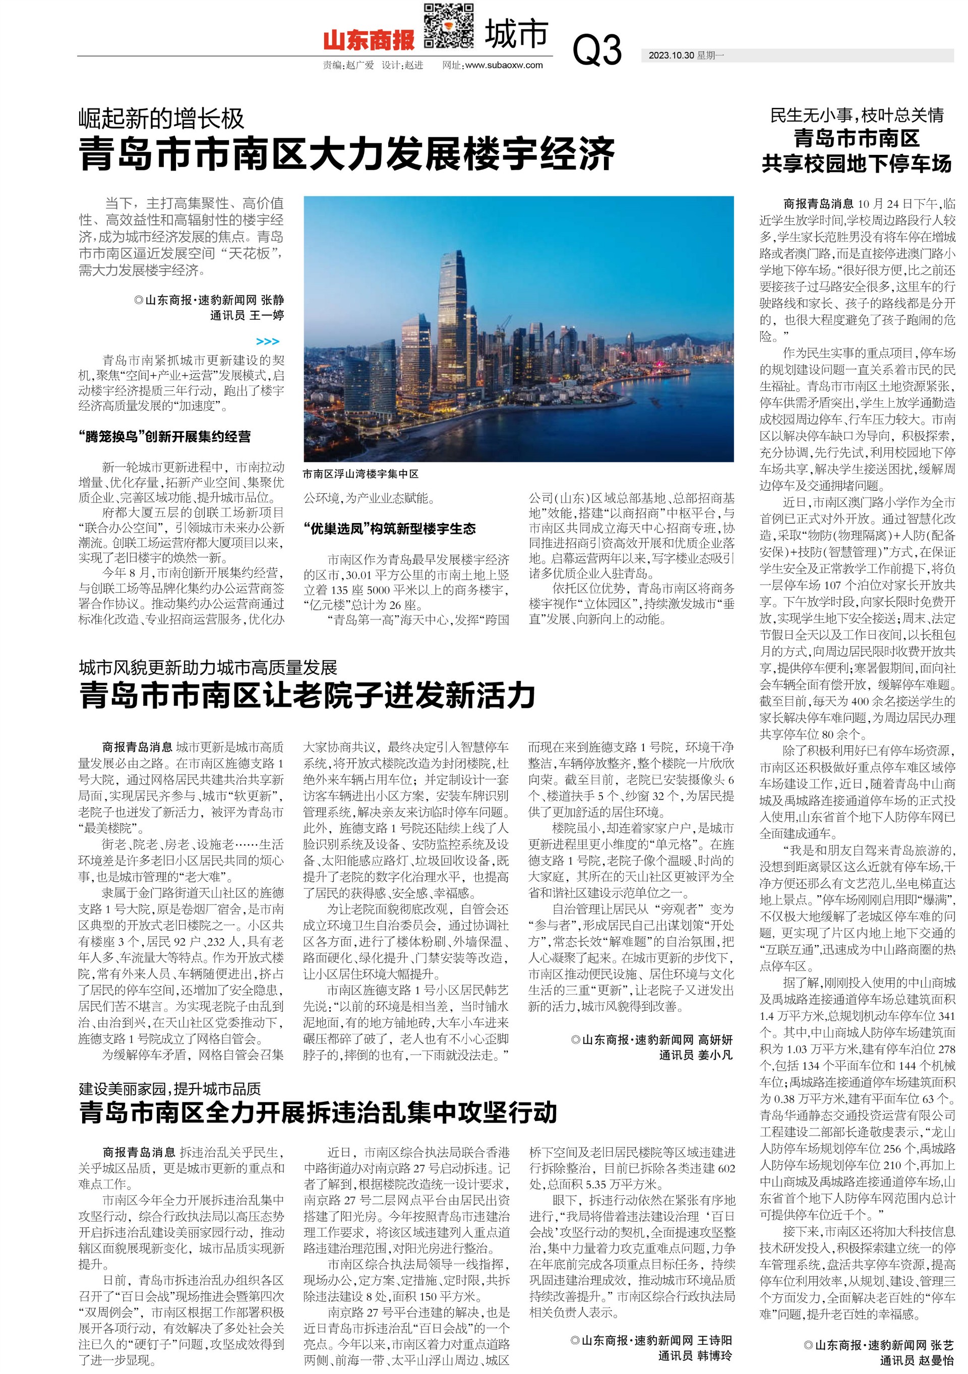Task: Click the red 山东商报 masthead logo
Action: pos(369,40)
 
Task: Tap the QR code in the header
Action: pos(449,26)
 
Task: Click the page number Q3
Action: pos(596,49)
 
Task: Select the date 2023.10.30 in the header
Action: pos(671,55)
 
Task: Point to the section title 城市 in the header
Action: pos(516,34)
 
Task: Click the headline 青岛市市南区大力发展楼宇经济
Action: pos(346,153)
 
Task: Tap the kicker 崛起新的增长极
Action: pos(161,119)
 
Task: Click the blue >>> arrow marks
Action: pos(267,341)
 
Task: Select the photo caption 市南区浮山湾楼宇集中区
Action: pos(361,474)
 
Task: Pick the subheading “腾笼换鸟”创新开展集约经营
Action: pos(164,437)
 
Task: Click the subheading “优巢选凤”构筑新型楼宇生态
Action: pos(390,529)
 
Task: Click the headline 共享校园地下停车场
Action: pos(856,163)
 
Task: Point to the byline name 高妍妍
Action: pos(715,1040)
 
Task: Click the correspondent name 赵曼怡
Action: pos(937,1360)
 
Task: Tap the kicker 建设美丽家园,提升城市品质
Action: pos(170,1089)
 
